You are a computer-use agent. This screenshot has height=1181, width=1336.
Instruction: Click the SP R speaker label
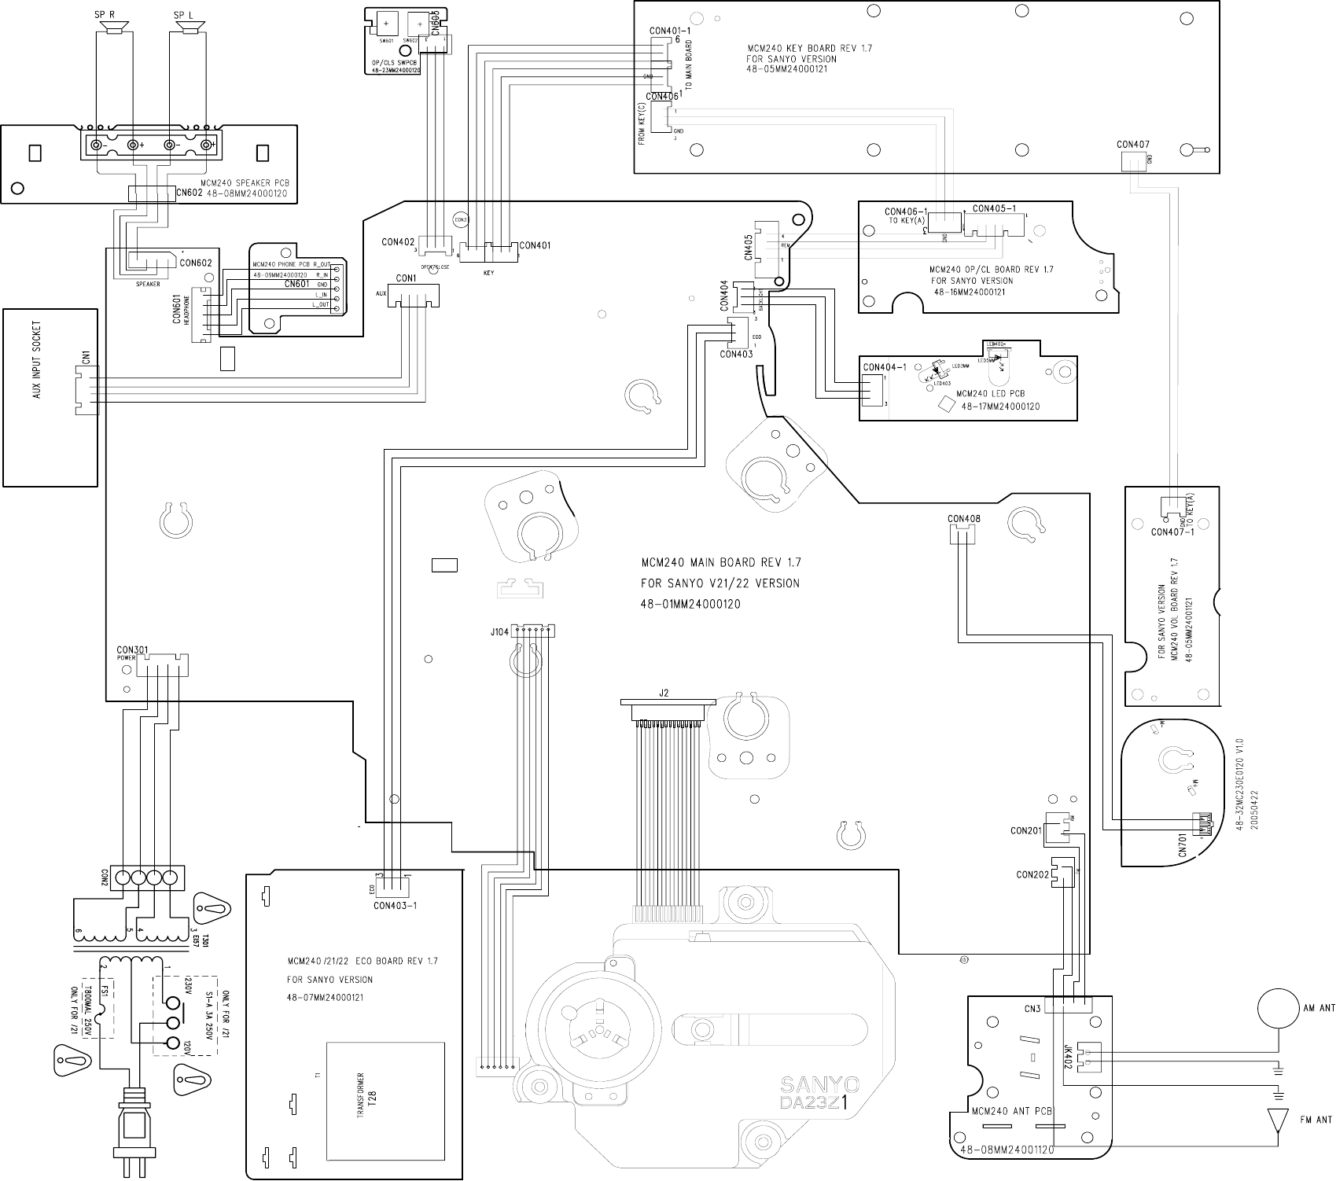click(105, 15)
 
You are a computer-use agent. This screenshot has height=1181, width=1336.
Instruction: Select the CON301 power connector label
click(132, 650)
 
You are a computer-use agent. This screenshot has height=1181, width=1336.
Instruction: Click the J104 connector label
click(499, 631)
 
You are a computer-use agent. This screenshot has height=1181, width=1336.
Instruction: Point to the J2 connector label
click(664, 693)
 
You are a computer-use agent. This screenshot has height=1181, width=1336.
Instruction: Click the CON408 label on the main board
click(963, 519)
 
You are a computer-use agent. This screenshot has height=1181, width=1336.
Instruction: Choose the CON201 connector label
click(1026, 830)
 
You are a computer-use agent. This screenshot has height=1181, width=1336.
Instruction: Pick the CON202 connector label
click(1032, 874)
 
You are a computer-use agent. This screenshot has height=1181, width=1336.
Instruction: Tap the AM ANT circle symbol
click(1276, 1009)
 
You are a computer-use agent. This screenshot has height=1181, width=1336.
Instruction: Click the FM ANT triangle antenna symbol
click(1278, 1119)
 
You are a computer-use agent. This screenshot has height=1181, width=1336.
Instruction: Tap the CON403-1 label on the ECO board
click(395, 905)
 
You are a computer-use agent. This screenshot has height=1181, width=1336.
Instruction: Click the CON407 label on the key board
click(1132, 145)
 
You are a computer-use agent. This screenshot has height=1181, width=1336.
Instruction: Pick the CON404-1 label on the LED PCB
click(885, 367)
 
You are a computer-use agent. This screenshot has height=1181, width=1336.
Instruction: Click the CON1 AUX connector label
click(406, 278)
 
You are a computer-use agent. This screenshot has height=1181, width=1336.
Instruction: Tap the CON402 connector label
click(398, 242)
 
